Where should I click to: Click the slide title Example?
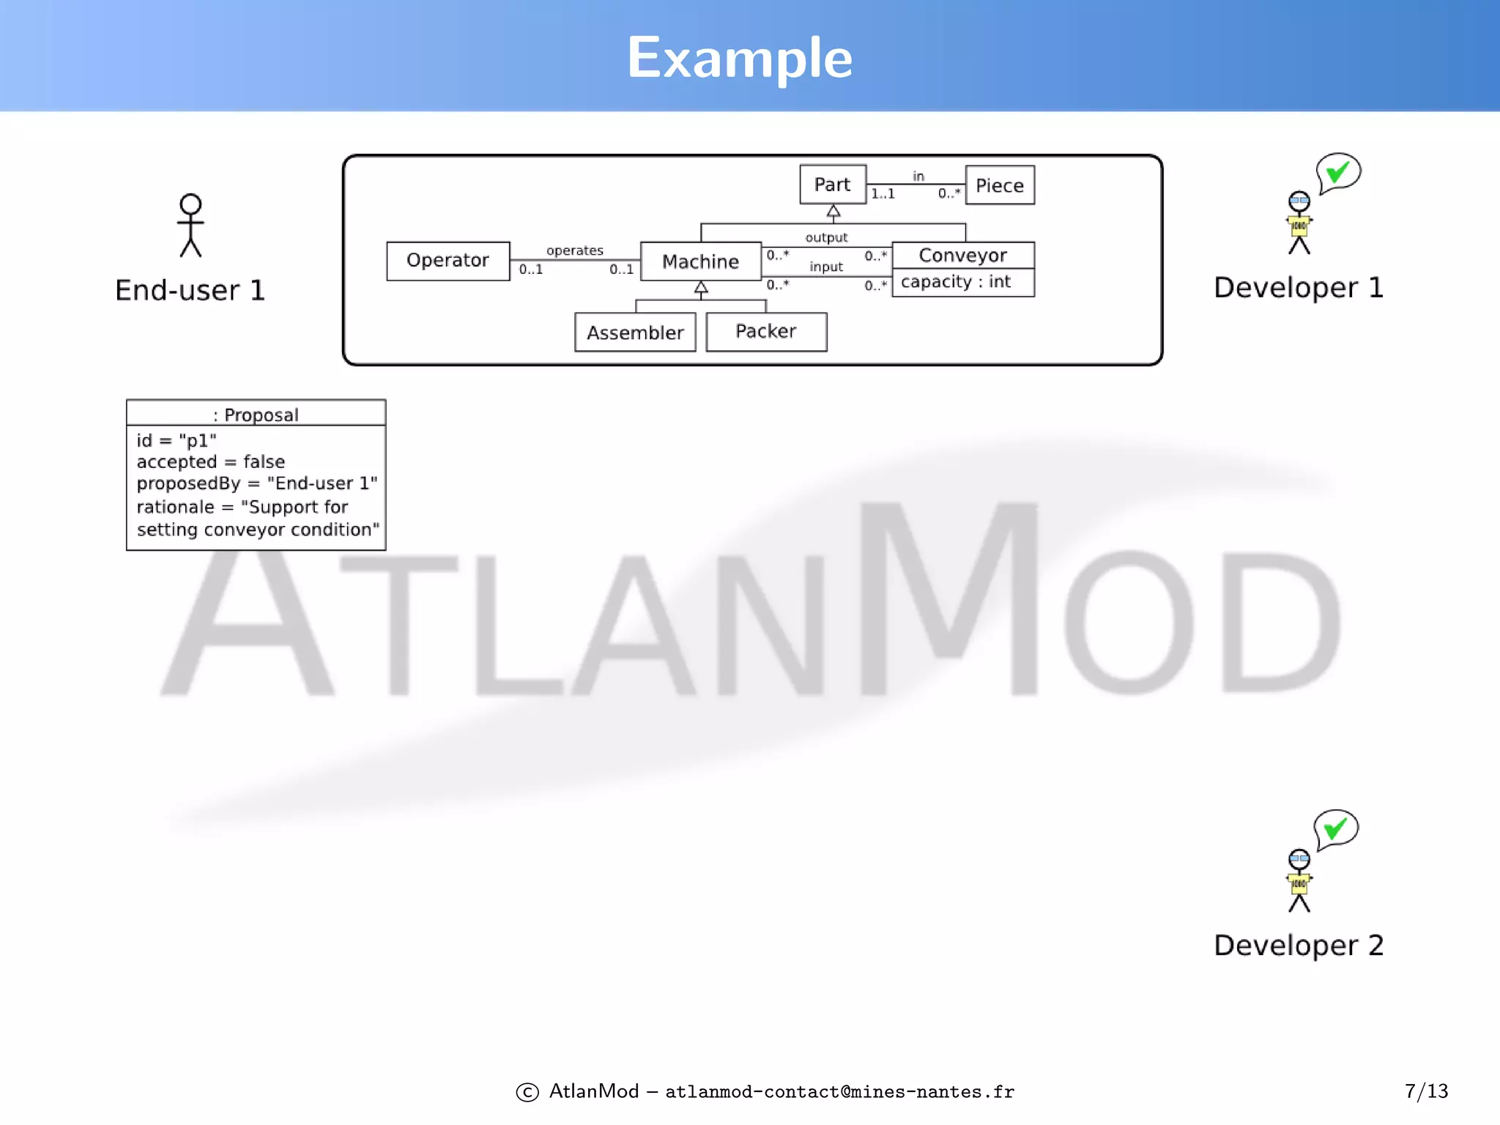click(x=740, y=58)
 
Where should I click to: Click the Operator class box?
click(x=448, y=261)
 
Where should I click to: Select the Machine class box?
click(x=700, y=261)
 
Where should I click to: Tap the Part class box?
click(x=832, y=185)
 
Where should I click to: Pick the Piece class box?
click(x=999, y=185)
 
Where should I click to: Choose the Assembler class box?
click(x=635, y=333)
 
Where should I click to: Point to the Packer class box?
click(x=765, y=332)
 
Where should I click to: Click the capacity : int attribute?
click(x=956, y=282)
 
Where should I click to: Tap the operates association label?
click(x=575, y=250)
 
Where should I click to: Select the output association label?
click(x=826, y=237)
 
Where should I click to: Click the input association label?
click(x=826, y=267)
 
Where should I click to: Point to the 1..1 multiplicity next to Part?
click(x=883, y=194)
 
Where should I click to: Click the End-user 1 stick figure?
click(x=190, y=225)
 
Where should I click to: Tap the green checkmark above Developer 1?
click(x=1338, y=172)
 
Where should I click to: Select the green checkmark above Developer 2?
click(x=1336, y=828)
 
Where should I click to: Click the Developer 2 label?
click(x=1299, y=945)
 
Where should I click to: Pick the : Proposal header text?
click(x=256, y=415)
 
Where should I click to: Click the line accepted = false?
click(x=211, y=461)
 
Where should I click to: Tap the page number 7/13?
click(x=1426, y=1091)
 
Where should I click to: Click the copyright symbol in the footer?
click(x=527, y=1092)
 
